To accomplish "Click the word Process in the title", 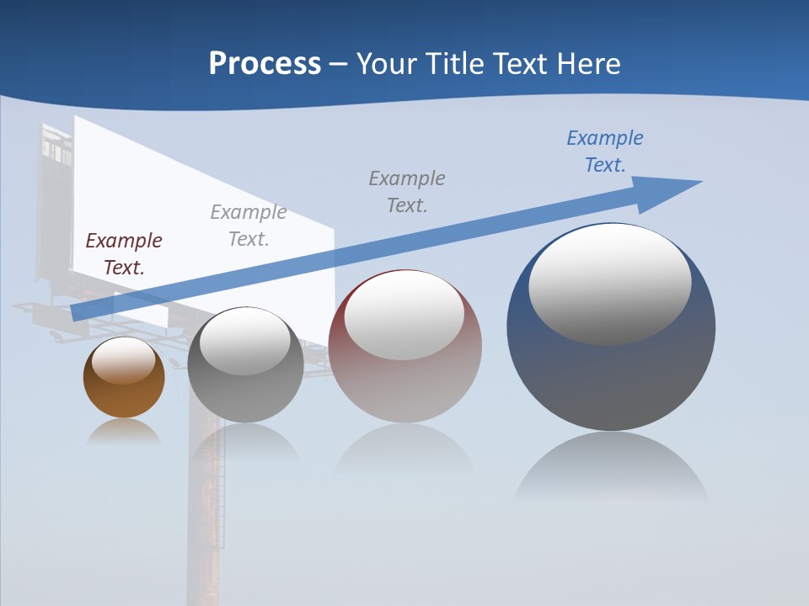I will tap(265, 64).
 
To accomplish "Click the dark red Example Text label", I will tap(124, 253).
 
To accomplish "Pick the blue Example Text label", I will tap(605, 151).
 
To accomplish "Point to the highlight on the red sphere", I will tap(404, 315).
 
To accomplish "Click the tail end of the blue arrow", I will tap(78, 311).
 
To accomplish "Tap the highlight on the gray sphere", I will tap(245, 341).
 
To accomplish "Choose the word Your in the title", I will tap(388, 64).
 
